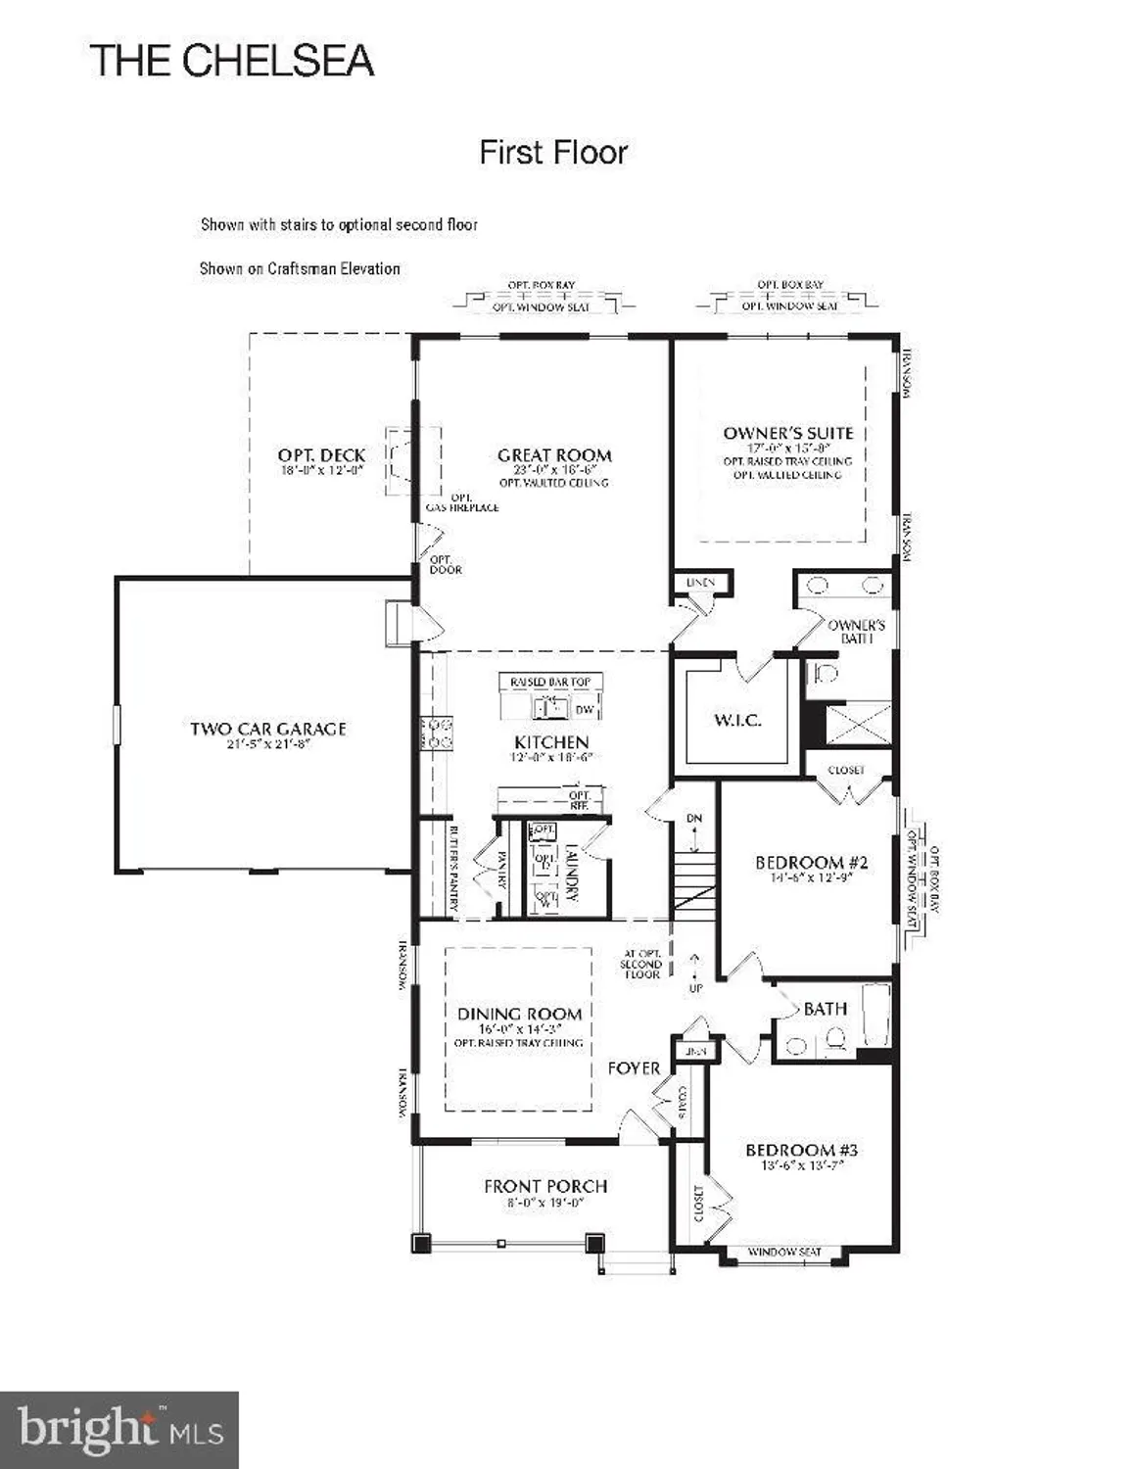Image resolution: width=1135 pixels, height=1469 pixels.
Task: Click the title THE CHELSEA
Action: [232, 61]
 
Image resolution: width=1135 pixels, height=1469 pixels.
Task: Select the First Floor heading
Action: [552, 153]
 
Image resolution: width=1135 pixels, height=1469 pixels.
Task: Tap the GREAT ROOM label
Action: [554, 455]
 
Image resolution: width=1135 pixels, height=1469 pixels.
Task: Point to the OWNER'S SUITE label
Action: [787, 433]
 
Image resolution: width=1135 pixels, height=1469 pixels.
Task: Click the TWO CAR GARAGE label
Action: [267, 729]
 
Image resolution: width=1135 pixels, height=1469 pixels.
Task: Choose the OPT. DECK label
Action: [321, 455]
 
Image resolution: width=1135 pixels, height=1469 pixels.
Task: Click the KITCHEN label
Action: [551, 742]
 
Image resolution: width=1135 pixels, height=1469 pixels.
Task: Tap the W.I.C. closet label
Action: [736, 721]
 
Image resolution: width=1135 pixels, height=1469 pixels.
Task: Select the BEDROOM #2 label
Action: [811, 863]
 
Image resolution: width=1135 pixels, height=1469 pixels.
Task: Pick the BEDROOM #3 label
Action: [801, 1150]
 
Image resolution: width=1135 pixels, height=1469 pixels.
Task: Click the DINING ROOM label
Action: [519, 1014]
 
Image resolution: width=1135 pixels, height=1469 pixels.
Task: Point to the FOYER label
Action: [634, 1067]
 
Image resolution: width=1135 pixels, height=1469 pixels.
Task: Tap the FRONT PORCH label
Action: [544, 1186]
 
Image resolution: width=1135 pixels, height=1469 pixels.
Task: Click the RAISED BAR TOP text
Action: [550, 682]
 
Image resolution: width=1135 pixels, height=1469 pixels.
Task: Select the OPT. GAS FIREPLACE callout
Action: [461, 502]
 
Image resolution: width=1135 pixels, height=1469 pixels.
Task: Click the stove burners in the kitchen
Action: [437, 734]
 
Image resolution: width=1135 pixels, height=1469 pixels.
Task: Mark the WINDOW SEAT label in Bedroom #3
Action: [784, 1252]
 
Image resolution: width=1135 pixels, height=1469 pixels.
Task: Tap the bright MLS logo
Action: [118, 1430]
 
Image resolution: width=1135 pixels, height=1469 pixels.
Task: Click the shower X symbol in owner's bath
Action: [859, 724]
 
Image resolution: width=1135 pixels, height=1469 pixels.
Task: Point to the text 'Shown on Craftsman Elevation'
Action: [300, 268]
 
